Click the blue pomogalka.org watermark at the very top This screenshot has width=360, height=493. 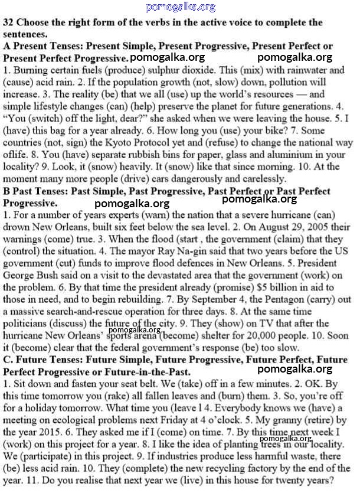[181, 7]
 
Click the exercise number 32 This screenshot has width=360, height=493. [8, 23]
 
